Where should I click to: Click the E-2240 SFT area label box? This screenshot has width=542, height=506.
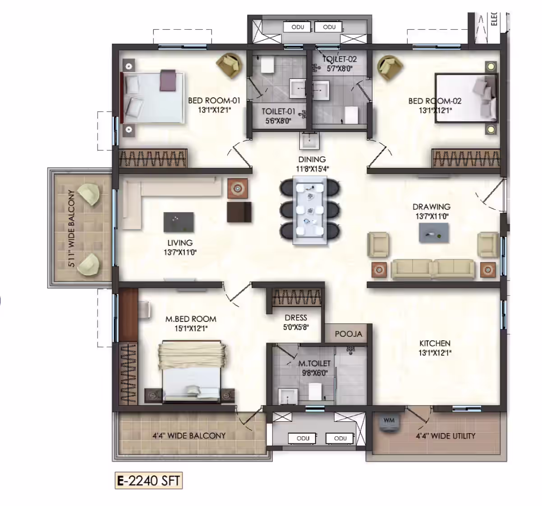point(148,481)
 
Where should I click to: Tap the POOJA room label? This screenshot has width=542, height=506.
point(349,334)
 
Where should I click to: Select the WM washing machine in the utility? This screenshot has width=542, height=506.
point(389,423)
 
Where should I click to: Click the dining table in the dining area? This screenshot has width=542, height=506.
point(310,210)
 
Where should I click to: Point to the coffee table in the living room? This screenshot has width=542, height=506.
point(179,222)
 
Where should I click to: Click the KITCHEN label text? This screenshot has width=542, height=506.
point(435,343)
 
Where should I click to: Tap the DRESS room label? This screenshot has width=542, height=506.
point(296,318)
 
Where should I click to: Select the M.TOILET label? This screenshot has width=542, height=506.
point(314,363)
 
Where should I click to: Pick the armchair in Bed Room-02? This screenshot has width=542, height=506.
point(390,68)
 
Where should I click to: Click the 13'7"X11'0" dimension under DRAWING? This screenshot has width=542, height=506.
point(432,217)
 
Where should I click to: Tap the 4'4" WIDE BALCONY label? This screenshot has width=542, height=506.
point(189,436)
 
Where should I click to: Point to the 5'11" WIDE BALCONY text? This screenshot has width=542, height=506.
point(72,228)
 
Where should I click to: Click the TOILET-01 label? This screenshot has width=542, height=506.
point(278,111)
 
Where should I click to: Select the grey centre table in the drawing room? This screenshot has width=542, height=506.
point(434,233)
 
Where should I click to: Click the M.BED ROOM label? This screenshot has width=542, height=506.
point(191,319)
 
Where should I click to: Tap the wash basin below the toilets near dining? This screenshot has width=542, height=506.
point(309,141)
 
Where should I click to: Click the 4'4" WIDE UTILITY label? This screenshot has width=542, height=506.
point(446,436)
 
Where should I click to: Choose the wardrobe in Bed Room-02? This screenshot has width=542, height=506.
point(466,158)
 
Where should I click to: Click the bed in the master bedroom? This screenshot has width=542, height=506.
point(192,372)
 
